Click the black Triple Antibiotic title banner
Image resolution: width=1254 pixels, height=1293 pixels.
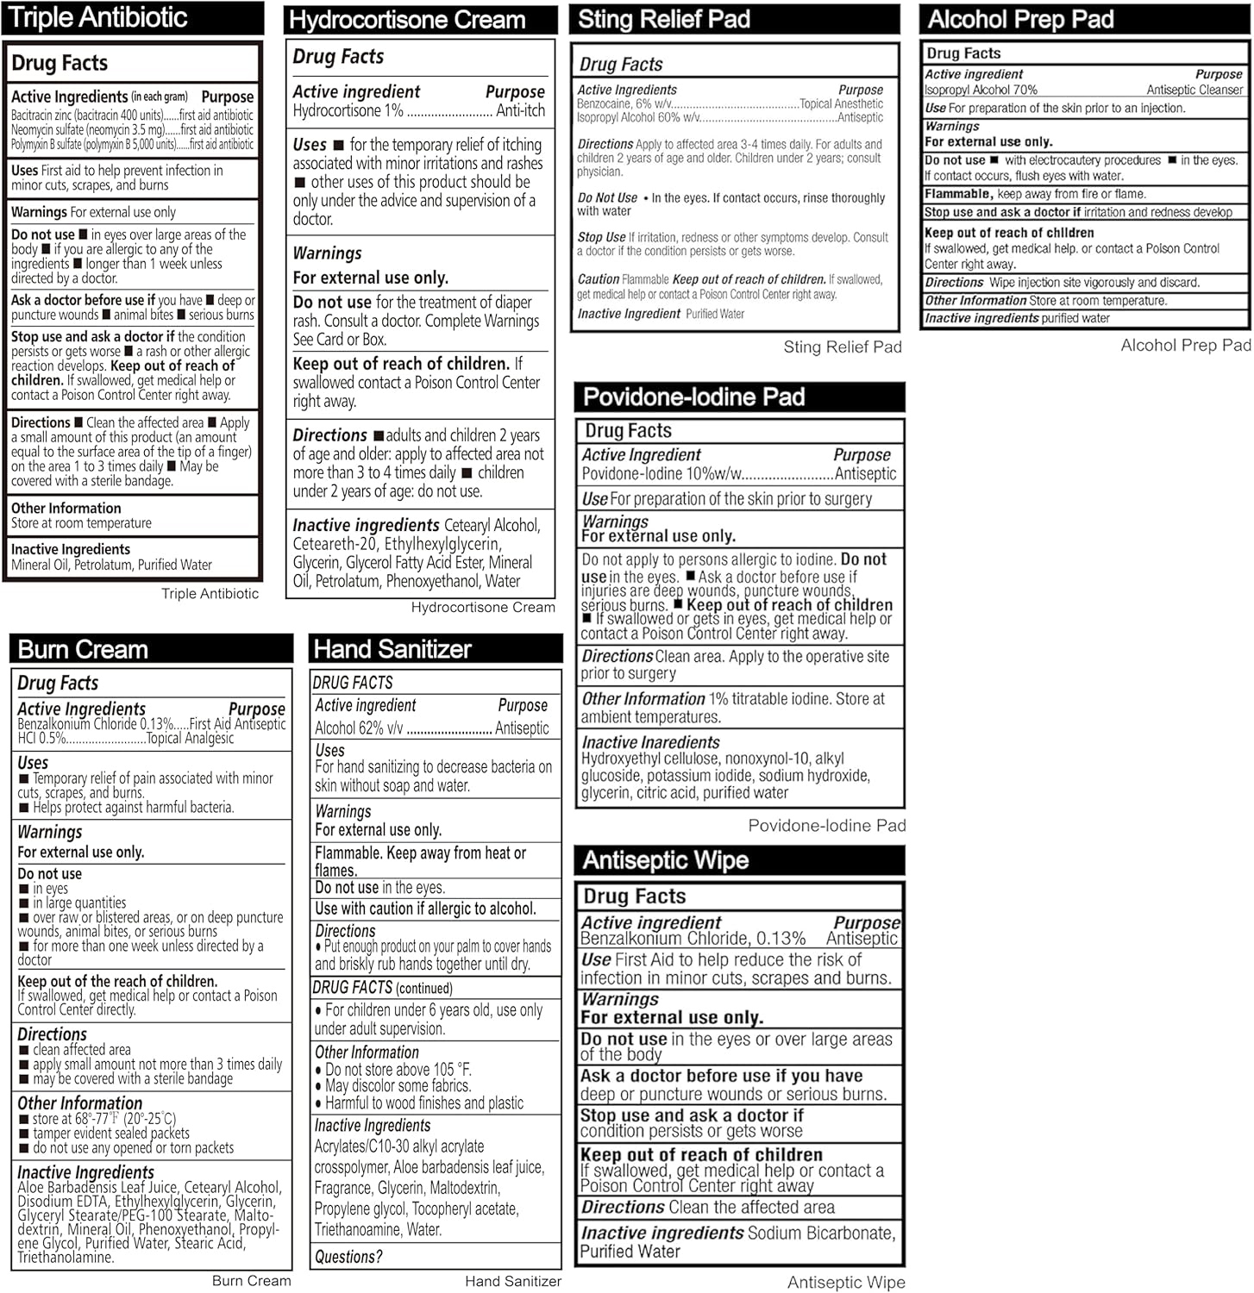(133, 18)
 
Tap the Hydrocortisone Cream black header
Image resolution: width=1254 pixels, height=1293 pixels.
(421, 20)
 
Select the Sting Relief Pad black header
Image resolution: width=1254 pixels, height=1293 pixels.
(734, 19)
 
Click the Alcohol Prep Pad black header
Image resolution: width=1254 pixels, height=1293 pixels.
(1085, 19)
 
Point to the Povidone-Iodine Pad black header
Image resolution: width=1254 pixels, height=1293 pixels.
(739, 397)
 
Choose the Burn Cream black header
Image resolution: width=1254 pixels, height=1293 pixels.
(151, 649)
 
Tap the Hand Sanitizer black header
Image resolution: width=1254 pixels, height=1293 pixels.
(436, 649)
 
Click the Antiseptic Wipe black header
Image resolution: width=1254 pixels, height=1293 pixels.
(739, 860)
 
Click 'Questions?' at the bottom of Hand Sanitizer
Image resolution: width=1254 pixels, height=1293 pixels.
(348, 1257)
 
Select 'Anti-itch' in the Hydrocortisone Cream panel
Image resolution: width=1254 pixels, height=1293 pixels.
(520, 110)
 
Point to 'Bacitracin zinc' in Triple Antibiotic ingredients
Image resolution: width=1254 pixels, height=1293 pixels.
(42, 116)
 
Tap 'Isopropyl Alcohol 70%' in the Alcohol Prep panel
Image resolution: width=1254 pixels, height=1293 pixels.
(981, 90)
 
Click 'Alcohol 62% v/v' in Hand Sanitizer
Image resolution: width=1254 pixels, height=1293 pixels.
(359, 728)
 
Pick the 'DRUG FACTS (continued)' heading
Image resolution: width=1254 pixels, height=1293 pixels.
(382, 988)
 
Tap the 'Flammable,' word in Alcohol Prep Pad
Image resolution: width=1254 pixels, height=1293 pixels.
(958, 194)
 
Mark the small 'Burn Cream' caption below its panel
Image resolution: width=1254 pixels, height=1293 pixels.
(251, 1281)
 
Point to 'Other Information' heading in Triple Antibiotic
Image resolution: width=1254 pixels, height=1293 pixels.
(66, 509)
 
